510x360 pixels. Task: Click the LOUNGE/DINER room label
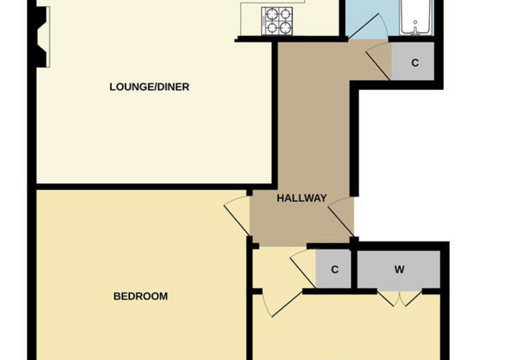coord(149,87)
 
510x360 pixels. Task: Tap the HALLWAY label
coord(301,198)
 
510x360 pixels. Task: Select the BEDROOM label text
coord(140,296)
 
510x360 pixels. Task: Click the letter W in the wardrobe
coord(399,269)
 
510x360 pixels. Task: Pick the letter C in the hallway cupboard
coord(415,62)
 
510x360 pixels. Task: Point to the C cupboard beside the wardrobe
coord(334,269)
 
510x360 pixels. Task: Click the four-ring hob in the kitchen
coord(277,21)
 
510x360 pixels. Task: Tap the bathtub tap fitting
coord(415,28)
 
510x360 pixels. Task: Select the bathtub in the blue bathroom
coord(416,17)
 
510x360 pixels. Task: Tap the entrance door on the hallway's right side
coord(341,217)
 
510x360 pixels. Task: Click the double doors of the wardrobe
coord(400,298)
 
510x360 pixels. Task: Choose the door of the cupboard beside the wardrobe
coord(303,268)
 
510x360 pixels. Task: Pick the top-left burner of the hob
coord(270,14)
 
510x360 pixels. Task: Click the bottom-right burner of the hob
coord(284,28)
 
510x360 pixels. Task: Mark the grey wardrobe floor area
coord(399,269)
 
